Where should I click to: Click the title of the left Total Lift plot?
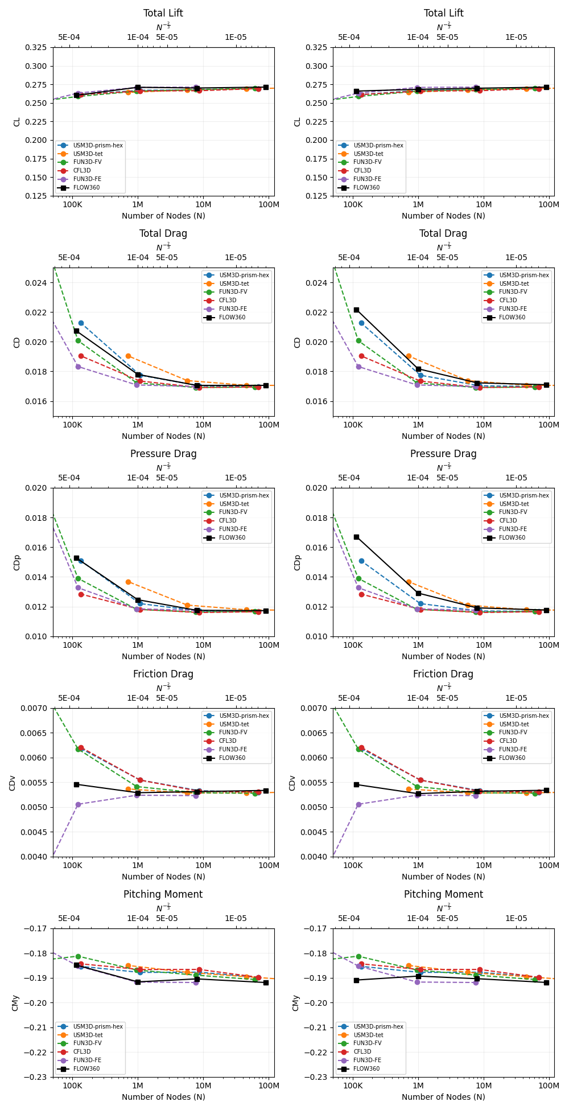point(163,13)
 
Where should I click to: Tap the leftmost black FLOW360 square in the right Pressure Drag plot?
point(356,537)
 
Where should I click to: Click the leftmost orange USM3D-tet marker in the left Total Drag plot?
point(128,356)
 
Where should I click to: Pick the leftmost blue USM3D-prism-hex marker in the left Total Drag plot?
point(81,323)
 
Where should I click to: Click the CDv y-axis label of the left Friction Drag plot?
point(13,782)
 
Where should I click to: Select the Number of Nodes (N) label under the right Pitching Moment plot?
point(443,1096)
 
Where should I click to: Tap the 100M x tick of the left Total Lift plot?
point(269,204)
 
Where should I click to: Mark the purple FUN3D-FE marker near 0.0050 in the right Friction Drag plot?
point(358,804)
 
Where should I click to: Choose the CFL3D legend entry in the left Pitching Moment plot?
point(82,1051)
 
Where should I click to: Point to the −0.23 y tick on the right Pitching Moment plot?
point(319,1076)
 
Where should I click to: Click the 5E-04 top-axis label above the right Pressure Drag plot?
point(349,478)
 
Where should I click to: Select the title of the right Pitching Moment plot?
point(443,894)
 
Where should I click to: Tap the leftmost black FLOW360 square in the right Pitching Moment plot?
point(356,980)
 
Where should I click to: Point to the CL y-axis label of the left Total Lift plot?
point(17,121)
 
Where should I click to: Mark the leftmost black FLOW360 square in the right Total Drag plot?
point(356,310)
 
